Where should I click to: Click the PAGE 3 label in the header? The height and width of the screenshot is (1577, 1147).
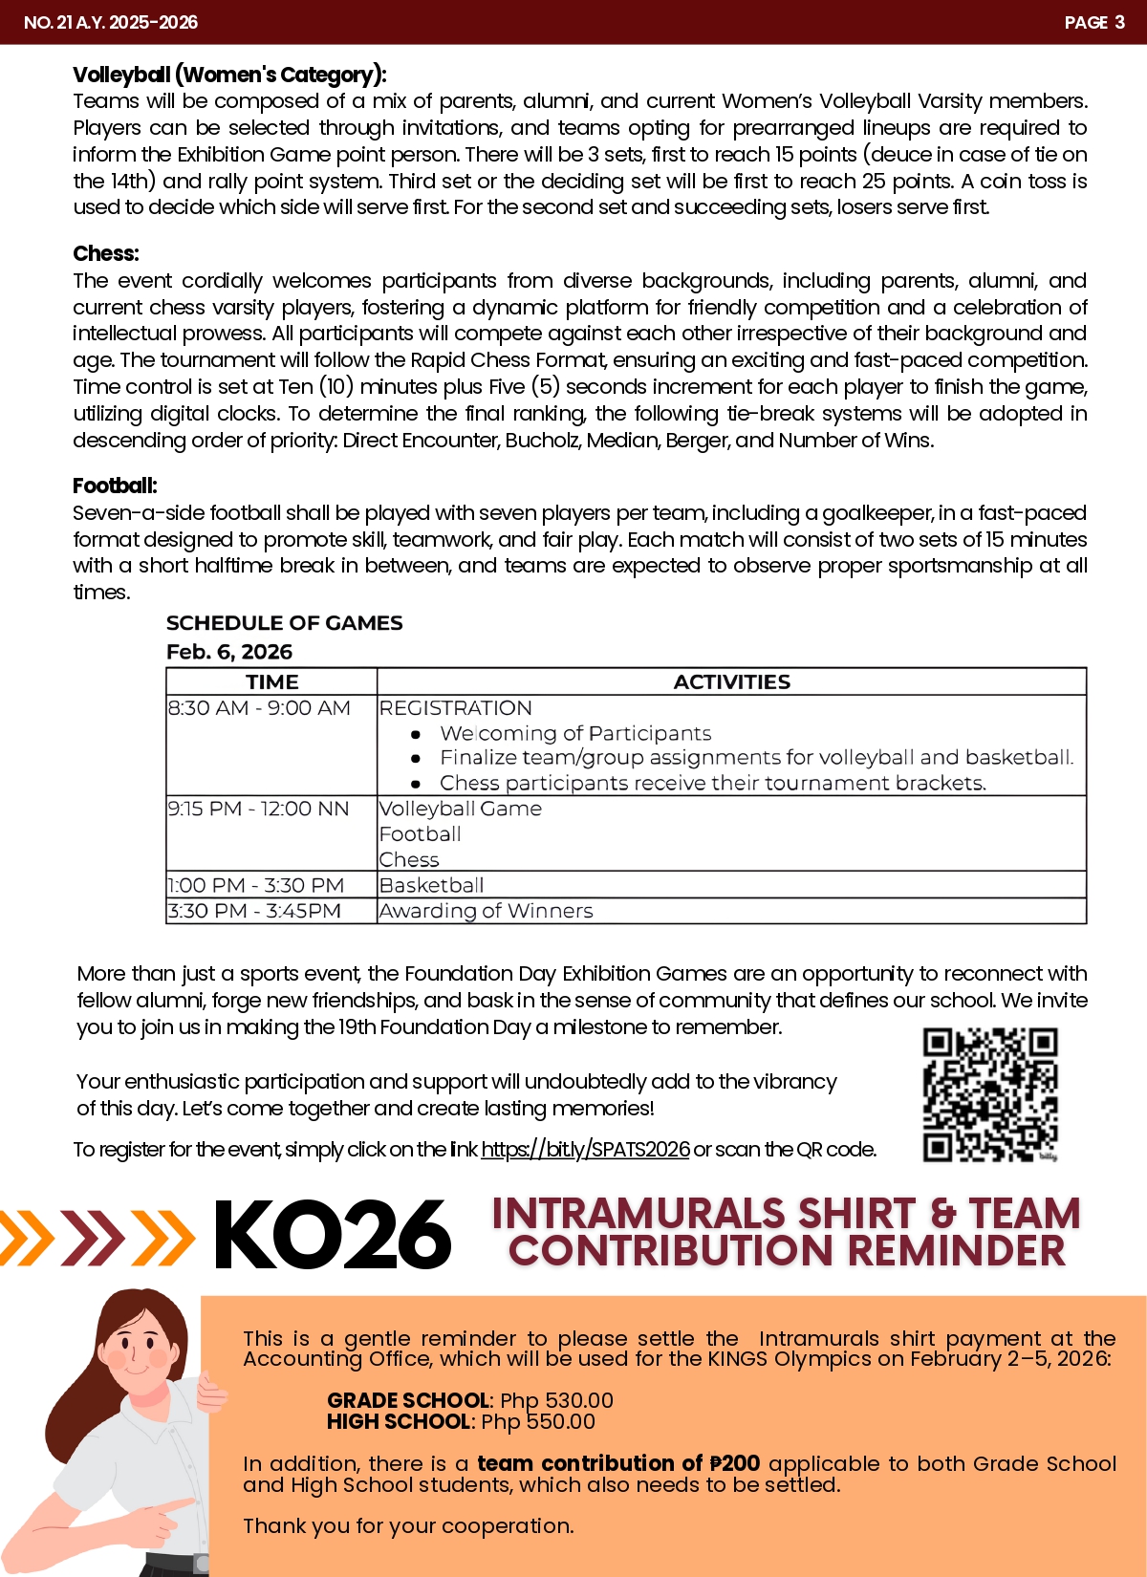click(x=1093, y=22)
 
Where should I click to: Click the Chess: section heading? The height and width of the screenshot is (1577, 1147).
click(x=106, y=253)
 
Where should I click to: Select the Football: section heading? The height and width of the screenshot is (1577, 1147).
click(x=115, y=486)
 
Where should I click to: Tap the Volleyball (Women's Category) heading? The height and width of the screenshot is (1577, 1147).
click(x=229, y=75)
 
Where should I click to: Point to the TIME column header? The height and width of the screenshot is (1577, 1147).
click(x=271, y=681)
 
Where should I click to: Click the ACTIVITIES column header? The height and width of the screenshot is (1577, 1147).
click(x=731, y=681)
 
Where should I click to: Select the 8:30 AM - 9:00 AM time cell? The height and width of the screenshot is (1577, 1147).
click(x=259, y=708)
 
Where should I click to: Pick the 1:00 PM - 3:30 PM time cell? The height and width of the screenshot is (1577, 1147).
click(x=255, y=885)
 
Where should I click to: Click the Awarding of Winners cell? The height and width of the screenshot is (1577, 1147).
click(x=486, y=911)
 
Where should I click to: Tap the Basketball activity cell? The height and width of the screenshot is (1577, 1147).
click(x=431, y=885)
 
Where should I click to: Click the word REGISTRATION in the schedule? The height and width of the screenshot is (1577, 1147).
click(x=455, y=708)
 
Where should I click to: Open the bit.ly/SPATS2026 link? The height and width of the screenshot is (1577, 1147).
click(x=585, y=1149)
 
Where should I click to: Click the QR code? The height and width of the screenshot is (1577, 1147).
click(x=990, y=1094)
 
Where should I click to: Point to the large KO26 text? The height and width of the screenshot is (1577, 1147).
click(x=332, y=1236)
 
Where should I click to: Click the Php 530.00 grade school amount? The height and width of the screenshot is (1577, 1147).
click(x=556, y=1400)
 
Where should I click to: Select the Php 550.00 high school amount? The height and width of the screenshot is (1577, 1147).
click(x=538, y=1421)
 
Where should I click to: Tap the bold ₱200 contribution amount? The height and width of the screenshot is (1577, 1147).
click(x=734, y=1463)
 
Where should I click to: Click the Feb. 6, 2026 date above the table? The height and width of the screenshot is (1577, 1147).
click(x=229, y=652)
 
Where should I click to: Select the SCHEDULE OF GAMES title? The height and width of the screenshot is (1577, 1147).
click(x=284, y=623)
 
